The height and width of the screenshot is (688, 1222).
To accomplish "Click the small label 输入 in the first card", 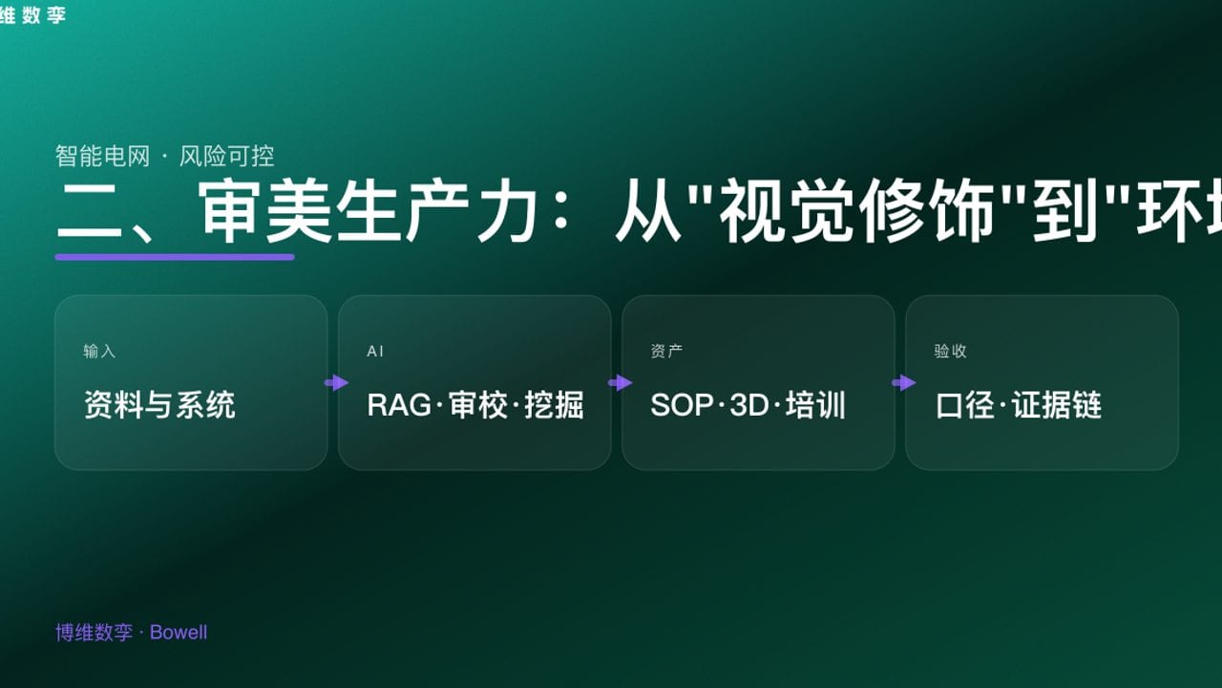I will (x=99, y=352).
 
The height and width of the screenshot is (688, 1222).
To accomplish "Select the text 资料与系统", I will (x=159, y=405).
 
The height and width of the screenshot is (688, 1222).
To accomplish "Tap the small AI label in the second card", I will (x=375, y=352).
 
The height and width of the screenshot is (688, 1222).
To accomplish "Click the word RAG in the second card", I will (x=399, y=405).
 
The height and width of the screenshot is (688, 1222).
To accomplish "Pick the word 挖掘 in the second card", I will (x=554, y=405).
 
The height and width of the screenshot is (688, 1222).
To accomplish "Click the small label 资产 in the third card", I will (x=666, y=352).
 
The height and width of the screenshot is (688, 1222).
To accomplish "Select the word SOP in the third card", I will (x=682, y=405).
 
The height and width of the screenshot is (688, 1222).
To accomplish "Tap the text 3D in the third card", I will (x=748, y=405).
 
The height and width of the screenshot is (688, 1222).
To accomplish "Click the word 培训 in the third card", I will (x=815, y=405).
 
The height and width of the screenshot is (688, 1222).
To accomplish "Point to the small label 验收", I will (x=950, y=352).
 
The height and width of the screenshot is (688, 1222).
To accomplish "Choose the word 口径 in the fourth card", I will (x=966, y=405).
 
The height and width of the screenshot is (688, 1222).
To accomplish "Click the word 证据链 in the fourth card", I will (x=1057, y=405).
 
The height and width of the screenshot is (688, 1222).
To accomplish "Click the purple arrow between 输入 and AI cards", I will (x=336, y=383).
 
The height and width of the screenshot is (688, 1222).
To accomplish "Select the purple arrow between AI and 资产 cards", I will (x=620, y=383).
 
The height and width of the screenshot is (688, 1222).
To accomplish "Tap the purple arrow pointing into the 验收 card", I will (x=903, y=383).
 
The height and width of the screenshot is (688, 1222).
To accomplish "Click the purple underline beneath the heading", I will (x=175, y=256).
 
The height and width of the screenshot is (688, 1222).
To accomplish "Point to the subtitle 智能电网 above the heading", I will (x=102, y=156).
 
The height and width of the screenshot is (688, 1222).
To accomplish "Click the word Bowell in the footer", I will (x=179, y=633).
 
